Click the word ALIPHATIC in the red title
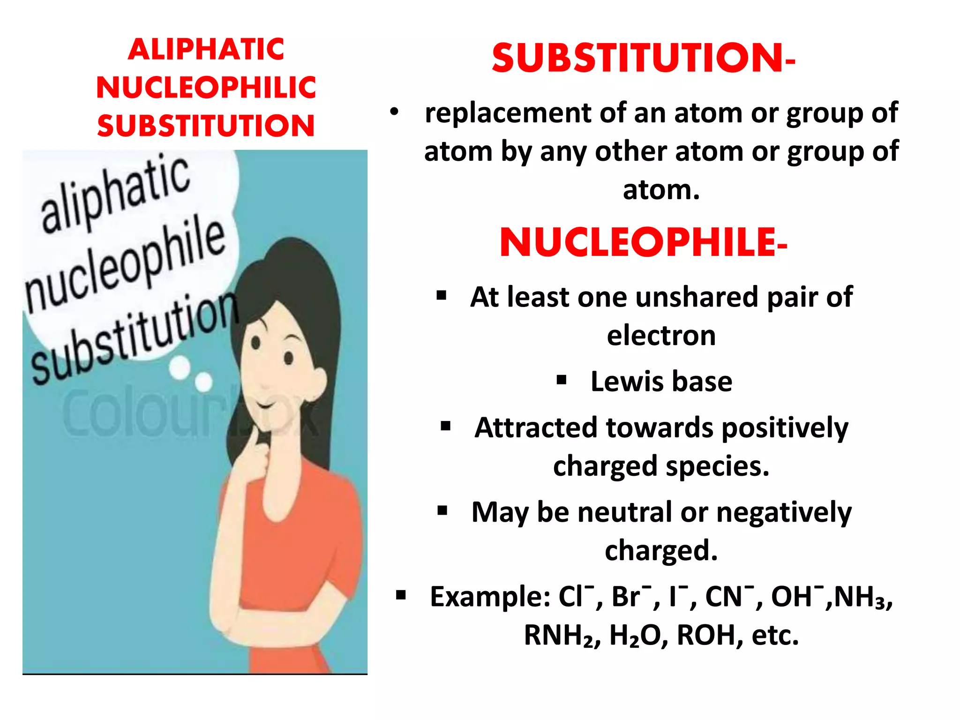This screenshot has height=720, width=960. tap(206, 50)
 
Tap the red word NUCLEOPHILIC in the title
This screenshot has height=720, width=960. tap(206, 88)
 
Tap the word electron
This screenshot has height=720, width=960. tap(661, 336)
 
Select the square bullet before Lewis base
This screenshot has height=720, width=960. tap(562, 380)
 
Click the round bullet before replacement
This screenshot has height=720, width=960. tap(394, 112)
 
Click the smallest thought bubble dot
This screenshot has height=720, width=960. tap(203, 382)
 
